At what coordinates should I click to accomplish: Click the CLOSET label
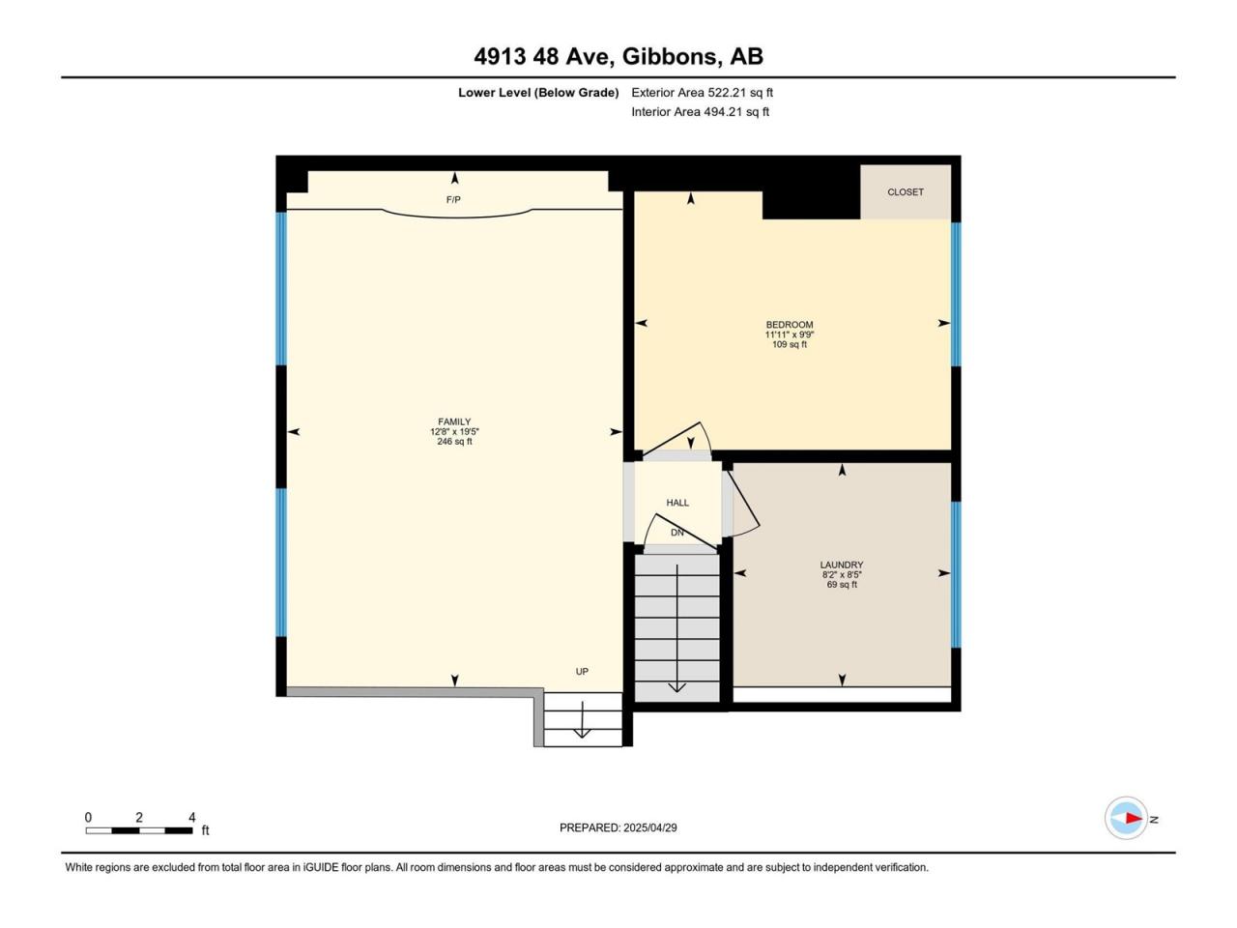[906, 192]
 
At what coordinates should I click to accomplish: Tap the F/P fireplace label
[453, 199]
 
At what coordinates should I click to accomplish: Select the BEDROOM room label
[789, 325]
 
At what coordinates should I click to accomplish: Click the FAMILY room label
[454, 421]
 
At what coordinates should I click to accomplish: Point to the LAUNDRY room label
[842, 565]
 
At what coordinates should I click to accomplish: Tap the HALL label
[677, 503]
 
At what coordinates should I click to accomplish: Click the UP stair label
[582, 672]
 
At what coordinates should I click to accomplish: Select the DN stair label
[676, 533]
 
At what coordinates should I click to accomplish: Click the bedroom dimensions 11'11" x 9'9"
[789, 334]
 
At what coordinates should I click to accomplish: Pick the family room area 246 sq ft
[454, 441]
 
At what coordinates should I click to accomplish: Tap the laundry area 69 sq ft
[842, 584]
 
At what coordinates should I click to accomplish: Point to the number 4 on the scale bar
[191, 817]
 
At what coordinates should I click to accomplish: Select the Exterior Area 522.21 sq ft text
[703, 93]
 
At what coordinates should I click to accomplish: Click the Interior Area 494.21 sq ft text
[700, 111]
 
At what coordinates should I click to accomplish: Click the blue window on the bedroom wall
[956, 295]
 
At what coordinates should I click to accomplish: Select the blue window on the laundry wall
[956, 575]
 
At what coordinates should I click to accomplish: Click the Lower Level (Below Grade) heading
[538, 93]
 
